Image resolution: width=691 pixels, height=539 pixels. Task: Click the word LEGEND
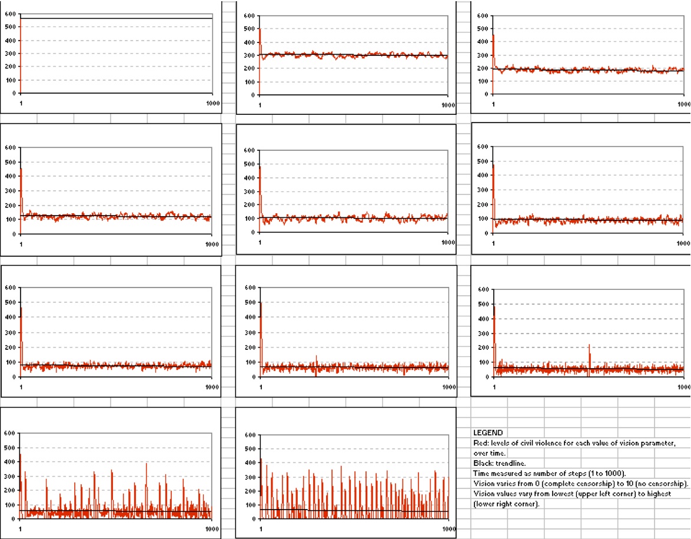(488, 432)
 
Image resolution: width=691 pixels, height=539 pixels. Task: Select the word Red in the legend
(480, 443)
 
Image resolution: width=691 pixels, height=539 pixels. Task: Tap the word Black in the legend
(483, 464)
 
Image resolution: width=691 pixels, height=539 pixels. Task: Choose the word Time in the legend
(481, 474)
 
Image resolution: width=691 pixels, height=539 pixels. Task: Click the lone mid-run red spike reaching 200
(589, 348)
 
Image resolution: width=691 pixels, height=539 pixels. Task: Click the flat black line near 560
(118, 19)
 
